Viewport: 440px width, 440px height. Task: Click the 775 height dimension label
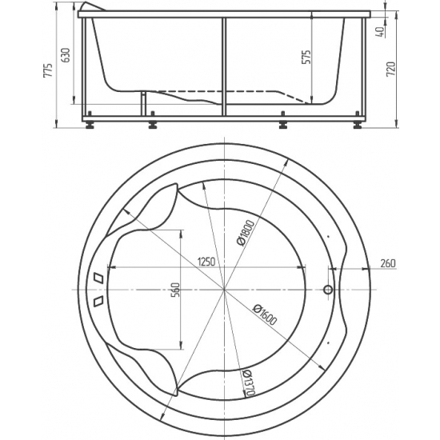coord(48,70)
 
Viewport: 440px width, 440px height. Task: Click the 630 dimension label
coord(65,55)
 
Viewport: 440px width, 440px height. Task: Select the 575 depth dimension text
coord(306,57)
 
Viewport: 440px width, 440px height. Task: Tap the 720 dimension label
coord(391,69)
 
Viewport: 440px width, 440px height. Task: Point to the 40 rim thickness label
coord(381,32)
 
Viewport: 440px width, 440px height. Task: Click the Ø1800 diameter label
coord(246,233)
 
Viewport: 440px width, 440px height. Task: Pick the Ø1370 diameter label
coord(249,382)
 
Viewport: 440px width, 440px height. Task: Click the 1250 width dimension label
coord(206,262)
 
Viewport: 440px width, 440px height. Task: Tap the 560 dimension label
coord(175,290)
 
